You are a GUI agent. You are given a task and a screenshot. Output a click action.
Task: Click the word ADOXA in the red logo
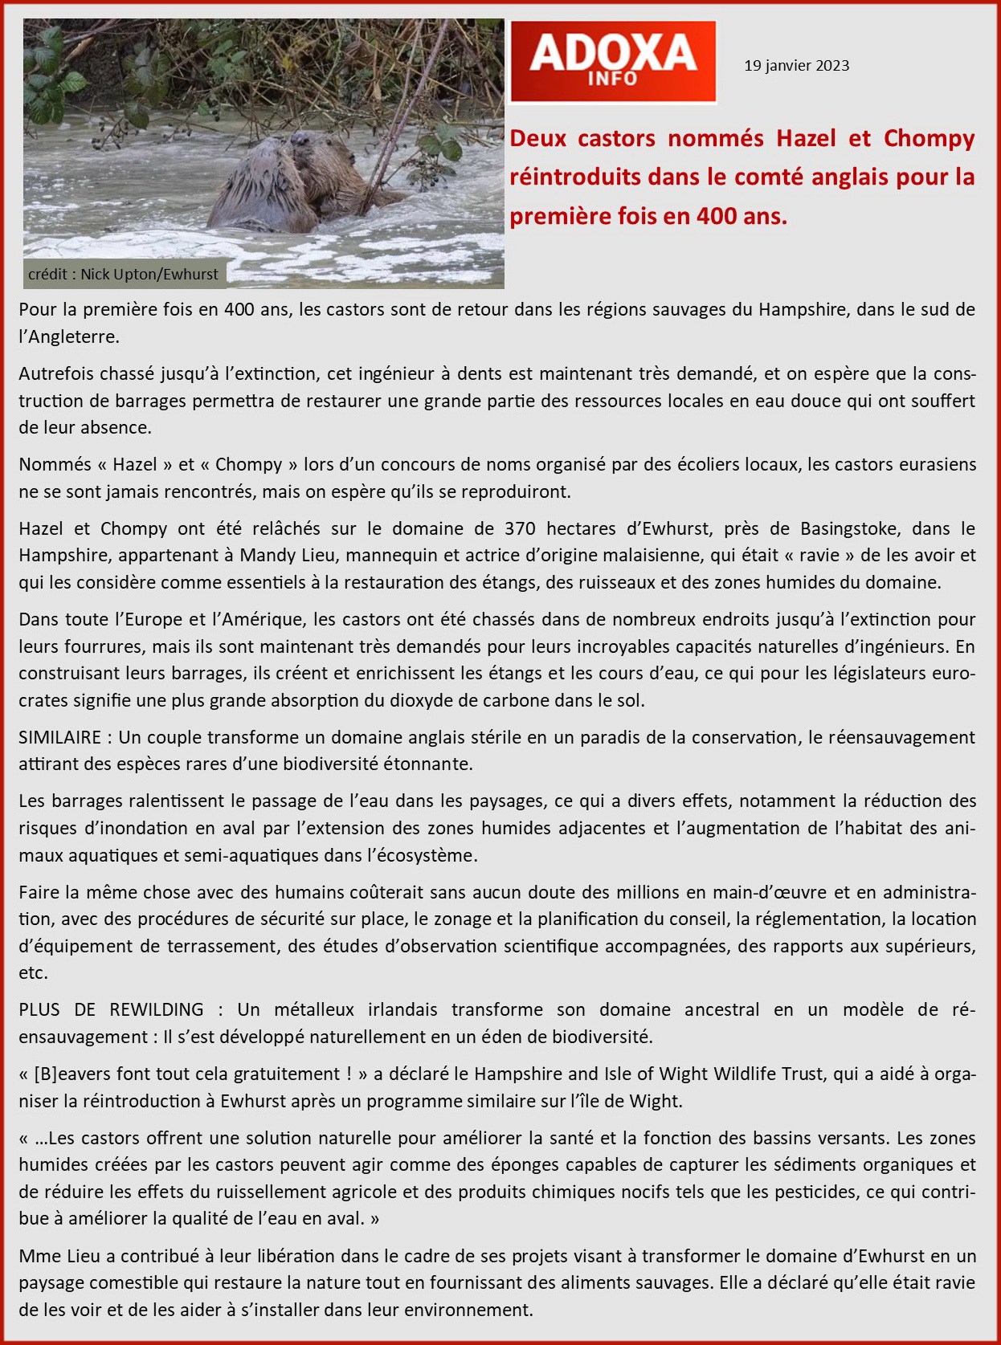pos(612,52)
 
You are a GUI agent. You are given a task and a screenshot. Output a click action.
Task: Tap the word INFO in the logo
pos(612,79)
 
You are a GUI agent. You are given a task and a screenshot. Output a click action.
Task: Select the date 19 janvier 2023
pos(796,66)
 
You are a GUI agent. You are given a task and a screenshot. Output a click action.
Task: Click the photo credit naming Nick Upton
pos(123,275)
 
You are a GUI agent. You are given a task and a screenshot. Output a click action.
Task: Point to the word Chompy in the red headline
pos(929,138)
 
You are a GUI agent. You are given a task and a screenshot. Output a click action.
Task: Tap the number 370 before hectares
pos(520,528)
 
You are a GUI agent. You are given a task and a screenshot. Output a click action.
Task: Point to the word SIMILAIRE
pos(59,737)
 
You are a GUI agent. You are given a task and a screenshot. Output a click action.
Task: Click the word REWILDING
pos(157,1009)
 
